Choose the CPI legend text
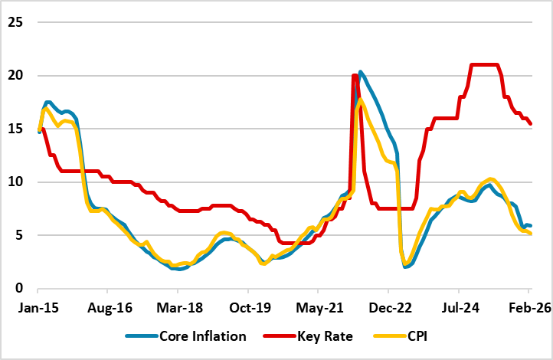click(x=424, y=336)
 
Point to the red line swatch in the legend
click(x=284, y=336)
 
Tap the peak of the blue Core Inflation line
click(x=361, y=72)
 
